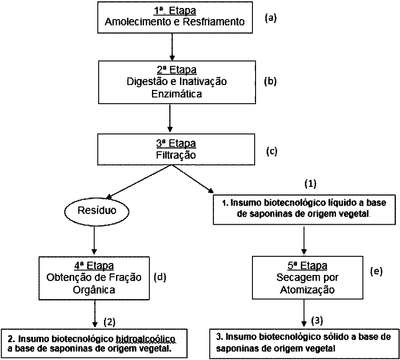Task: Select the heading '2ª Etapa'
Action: pos(177,70)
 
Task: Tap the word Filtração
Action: pos(176,155)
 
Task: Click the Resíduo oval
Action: pos(97,210)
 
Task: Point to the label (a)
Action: pos(271,18)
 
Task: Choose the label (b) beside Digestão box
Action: pos(270,81)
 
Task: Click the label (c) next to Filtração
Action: pos(271,151)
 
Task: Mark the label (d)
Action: pos(160,277)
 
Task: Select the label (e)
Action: pos(376,271)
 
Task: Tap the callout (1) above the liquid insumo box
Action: pos(310,184)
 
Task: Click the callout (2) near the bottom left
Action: pos(109,322)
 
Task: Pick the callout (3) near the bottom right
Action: pos(317,321)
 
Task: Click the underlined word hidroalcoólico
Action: pos(145,339)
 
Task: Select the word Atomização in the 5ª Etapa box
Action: pos(307,290)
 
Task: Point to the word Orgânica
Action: pos(94,290)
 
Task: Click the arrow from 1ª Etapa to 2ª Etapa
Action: pos(172,47)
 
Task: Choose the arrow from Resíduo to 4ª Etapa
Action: pos(94,239)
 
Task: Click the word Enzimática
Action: pos(177,94)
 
